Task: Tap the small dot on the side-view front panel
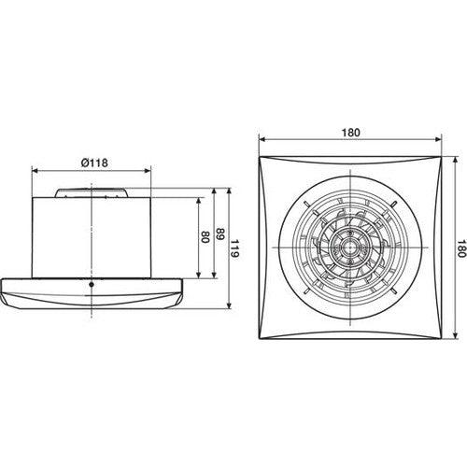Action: [x=91, y=284]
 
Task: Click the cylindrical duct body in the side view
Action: [x=92, y=238]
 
